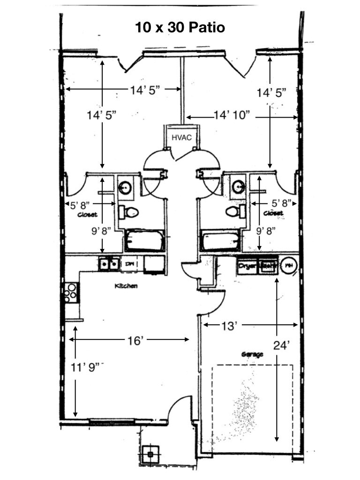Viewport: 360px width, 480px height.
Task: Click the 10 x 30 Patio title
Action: tap(180, 28)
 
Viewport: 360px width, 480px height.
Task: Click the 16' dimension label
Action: tap(135, 341)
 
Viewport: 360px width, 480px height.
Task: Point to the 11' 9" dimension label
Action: tap(86, 367)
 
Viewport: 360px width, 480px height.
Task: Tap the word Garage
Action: tap(252, 355)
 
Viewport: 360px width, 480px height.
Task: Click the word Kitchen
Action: tap(126, 285)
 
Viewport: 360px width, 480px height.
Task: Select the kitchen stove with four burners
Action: tap(72, 292)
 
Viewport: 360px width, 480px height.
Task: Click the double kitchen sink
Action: tap(109, 264)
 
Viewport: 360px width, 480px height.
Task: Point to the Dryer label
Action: tap(247, 266)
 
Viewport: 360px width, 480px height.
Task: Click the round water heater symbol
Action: tap(290, 266)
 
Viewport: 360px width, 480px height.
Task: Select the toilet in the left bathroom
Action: tap(128, 212)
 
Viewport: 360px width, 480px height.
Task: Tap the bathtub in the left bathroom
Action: tap(144, 240)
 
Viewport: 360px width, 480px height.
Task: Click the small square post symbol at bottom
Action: tap(150, 454)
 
